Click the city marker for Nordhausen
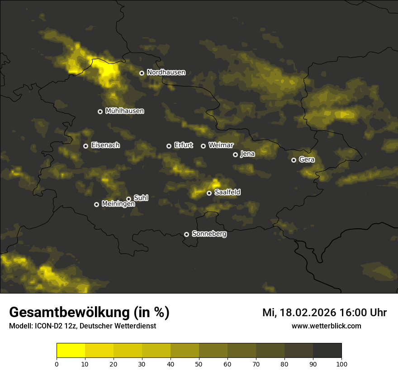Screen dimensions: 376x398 click(x=142, y=73)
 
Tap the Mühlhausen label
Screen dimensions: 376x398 click(x=124, y=111)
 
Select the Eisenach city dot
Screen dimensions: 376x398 click(x=85, y=146)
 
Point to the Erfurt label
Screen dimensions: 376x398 click(x=183, y=145)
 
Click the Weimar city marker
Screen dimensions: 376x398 click(x=203, y=146)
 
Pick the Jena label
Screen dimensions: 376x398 click(x=247, y=154)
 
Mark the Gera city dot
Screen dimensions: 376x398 click(x=294, y=160)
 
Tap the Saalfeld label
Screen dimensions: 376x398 click(x=227, y=193)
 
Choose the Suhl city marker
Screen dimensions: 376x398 click(x=129, y=199)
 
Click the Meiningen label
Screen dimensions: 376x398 click(x=118, y=204)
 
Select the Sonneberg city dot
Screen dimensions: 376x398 click(x=186, y=234)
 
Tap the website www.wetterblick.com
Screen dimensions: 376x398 click(x=326, y=326)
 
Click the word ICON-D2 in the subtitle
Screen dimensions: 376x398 click(x=47, y=326)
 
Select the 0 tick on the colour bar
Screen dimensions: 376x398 click(x=57, y=364)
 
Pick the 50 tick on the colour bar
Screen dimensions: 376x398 click(x=199, y=364)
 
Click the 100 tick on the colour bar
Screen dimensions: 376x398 click(x=341, y=364)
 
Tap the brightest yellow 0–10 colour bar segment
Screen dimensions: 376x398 click(x=71, y=351)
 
